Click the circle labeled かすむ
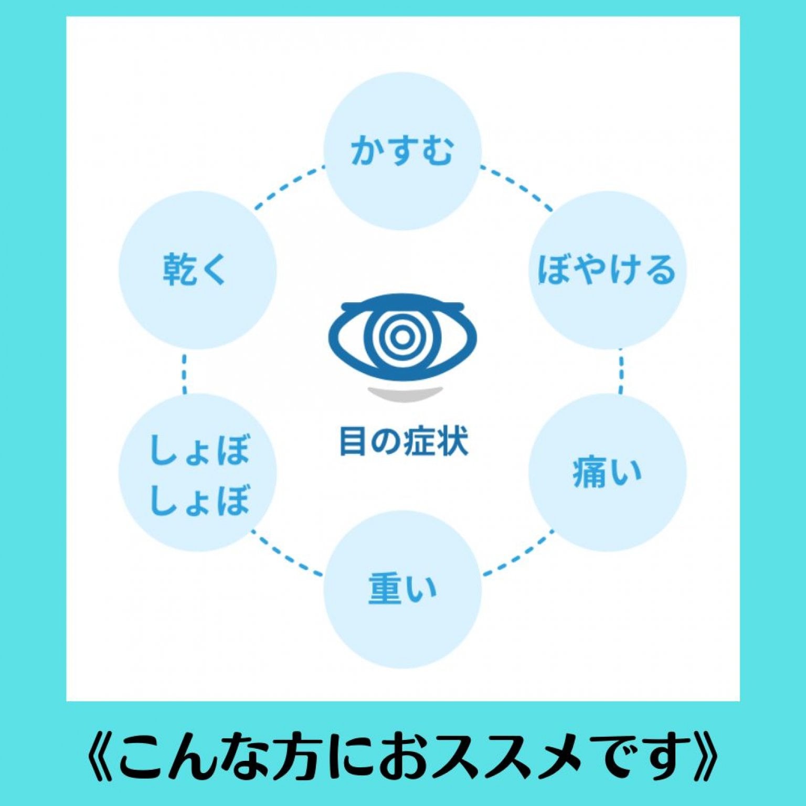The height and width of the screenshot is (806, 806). pyautogui.click(x=402, y=151)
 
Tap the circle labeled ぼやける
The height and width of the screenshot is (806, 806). pyautogui.click(x=607, y=270)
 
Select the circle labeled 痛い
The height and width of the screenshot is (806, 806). pyautogui.click(x=607, y=472)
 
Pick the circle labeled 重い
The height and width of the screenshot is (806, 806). pyautogui.click(x=402, y=589)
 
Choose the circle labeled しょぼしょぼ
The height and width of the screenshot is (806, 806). pyautogui.click(x=198, y=472)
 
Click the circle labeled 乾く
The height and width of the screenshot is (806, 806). pyautogui.click(x=198, y=270)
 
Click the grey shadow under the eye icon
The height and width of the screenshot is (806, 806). pyautogui.click(x=404, y=394)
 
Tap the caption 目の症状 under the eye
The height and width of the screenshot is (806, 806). pyautogui.click(x=404, y=441)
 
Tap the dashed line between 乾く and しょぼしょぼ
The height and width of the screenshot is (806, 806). pyautogui.click(x=184, y=374)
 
